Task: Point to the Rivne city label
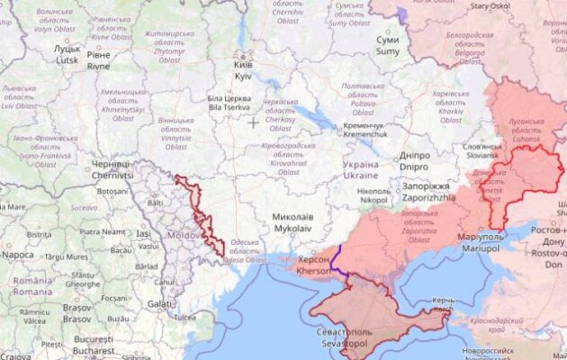99,59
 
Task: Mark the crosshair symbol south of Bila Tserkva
254,122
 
